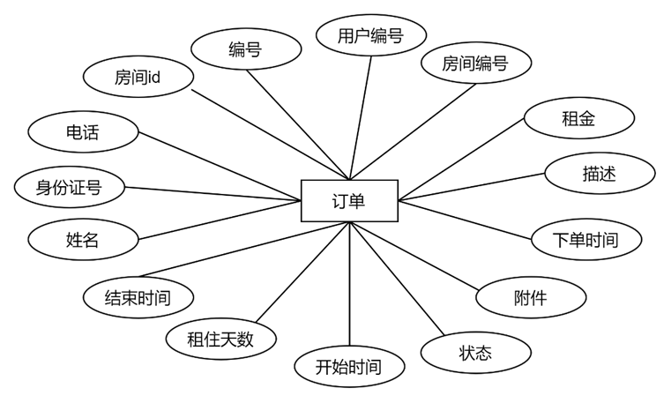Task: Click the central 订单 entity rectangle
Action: coord(349,201)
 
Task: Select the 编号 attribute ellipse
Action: coord(245,49)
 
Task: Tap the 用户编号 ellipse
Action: coord(370,36)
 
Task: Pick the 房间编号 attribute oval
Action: coord(475,63)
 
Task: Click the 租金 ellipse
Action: coord(578,118)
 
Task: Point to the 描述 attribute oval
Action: coord(599,174)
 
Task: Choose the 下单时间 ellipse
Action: coord(585,240)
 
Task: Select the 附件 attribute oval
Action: coord(530,297)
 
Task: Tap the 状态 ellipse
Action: coord(475,354)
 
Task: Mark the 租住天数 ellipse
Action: coord(220,339)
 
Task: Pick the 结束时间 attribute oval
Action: coord(138,298)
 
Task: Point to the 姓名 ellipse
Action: coord(82,240)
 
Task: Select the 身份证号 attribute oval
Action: coord(69,187)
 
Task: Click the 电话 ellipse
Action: coord(82,133)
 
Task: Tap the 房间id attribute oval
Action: coord(138,78)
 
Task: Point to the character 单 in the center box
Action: coord(357,201)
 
